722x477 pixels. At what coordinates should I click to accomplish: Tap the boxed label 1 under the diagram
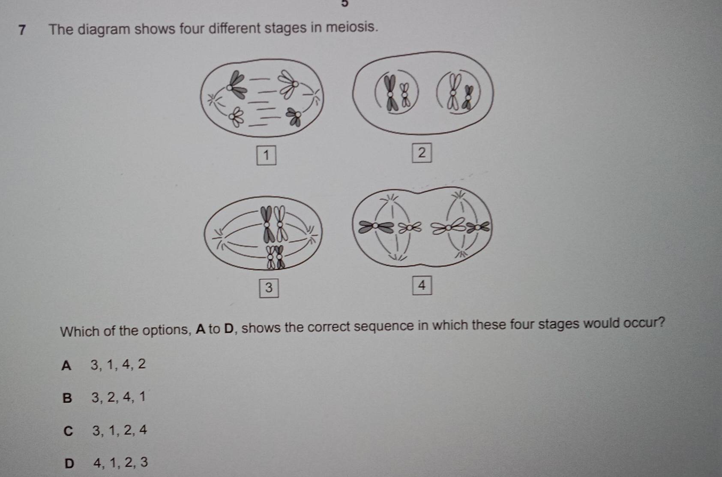point(266,155)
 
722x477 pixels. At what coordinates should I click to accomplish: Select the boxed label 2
point(422,153)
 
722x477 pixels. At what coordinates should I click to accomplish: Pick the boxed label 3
point(269,288)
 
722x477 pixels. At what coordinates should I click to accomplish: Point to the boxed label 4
point(422,285)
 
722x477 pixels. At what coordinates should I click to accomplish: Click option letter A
point(66,366)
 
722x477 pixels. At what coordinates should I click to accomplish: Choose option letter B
point(67,398)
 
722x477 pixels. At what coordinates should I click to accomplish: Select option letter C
point(68,431)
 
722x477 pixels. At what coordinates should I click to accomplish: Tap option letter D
point(69,464)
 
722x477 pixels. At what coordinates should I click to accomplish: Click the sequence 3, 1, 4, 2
point(118,365)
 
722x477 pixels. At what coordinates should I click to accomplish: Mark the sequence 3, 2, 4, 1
point(119,397)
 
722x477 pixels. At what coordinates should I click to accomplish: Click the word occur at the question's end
point(641,323)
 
